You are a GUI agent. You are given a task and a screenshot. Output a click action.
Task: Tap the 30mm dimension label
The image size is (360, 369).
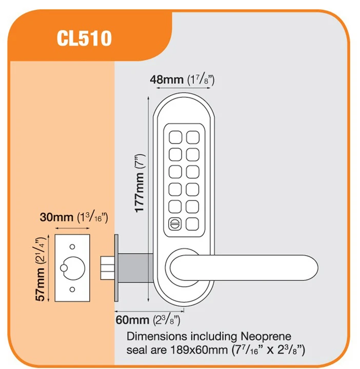(57, 218)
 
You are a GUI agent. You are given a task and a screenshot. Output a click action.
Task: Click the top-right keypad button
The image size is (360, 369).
(192, 137)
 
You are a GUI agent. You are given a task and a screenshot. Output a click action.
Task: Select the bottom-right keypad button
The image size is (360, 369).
(192, 223)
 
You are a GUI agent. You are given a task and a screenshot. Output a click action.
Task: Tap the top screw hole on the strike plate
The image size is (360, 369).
(72, 246)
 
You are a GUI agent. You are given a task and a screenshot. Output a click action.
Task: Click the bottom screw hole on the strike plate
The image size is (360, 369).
(72, 290)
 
